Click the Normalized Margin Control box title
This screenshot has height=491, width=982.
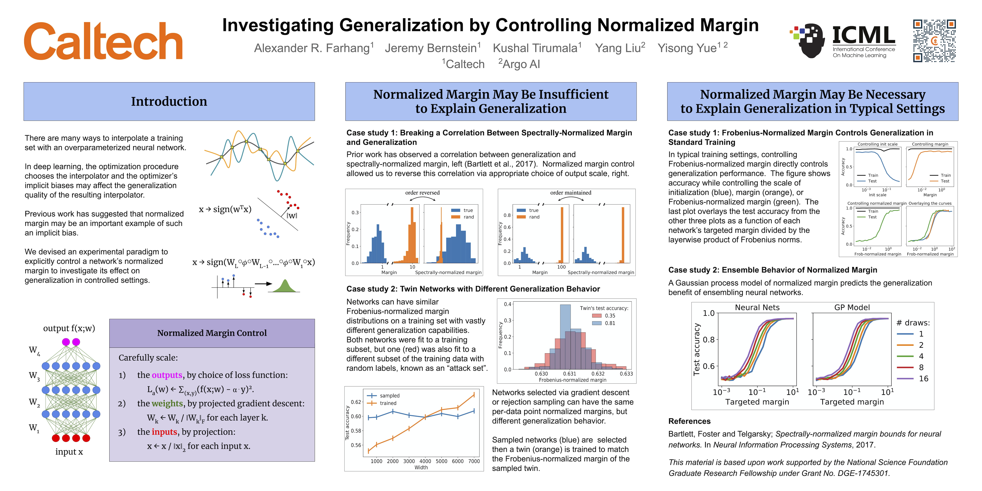click(x=212, y=333)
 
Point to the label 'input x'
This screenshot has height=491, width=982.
click(x=69, y=452)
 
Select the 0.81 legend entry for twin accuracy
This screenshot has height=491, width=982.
click(x=610, y=323)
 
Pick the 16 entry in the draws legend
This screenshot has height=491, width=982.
click(x=923, y=379)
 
